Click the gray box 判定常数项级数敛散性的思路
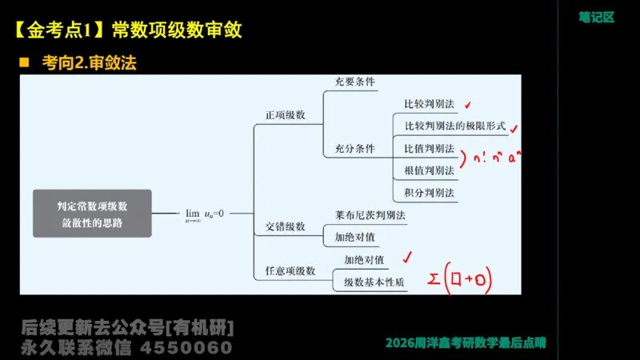[93, 214]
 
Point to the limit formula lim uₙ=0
[205, 214]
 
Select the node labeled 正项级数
[286, 115]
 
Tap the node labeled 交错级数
[286, 226]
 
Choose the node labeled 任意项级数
[290, 271]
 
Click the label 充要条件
[355, 82]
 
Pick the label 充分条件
[355, 149]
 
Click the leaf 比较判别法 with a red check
[430, 104]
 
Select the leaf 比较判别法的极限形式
[455, 126]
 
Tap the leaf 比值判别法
[430, 149]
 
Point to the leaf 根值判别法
[430, 170]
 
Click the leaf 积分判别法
[430, 193]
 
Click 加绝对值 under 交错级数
[355, 238]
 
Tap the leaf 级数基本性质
[374, 282]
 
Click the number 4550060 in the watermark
[186, 348]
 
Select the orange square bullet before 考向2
[24, 62]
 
